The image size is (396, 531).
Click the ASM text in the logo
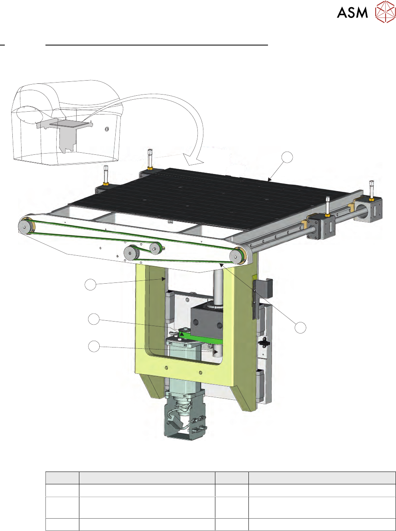coord(352,13)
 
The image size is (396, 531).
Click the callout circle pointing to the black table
coord(287,158)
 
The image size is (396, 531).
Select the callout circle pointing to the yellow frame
coord(90,285)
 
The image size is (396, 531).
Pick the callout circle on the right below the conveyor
coord(300,328)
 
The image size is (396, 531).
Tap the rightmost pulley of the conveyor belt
coord(237,256)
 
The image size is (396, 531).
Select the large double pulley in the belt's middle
coord(132,253)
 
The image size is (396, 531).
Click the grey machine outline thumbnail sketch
coord(67,122)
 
